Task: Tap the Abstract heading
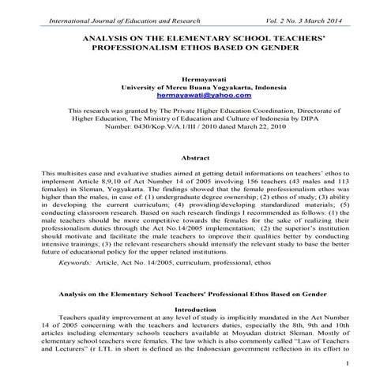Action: (x=195, y=159)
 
